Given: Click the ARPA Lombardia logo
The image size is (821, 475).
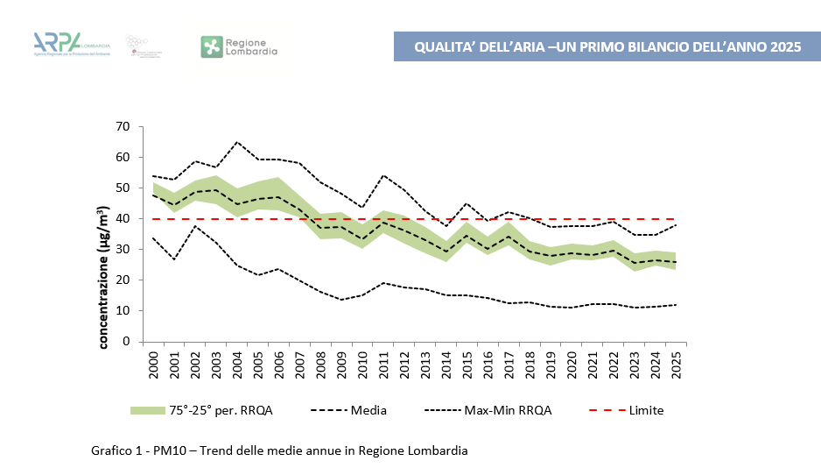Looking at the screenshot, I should coord(70,45).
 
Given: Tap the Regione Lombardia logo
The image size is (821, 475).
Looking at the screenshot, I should coord(239,46).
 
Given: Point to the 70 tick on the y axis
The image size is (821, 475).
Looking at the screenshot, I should coord(122,127).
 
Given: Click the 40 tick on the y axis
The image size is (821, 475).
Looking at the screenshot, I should coord(122,219).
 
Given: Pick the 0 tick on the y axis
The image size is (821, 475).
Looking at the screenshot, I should coord(125,342).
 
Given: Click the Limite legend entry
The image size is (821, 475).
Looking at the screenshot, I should coord(646,410).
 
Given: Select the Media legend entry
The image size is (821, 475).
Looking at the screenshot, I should coord(368,410).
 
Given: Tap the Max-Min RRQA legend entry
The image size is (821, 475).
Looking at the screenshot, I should coord(508,410).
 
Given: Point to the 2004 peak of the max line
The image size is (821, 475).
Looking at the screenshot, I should coord(237,142).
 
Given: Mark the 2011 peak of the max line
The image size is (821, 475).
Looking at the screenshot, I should coord(383,175).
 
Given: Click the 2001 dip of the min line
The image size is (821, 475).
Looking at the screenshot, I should coord(175,259).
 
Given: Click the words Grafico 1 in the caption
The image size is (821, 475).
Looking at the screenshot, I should coord(116,450).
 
